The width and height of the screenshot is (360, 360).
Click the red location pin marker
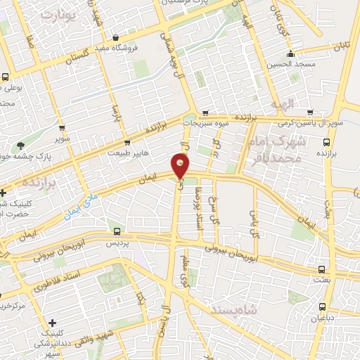tap(180, 166)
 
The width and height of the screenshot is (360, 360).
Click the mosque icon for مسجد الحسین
tap(290, 55)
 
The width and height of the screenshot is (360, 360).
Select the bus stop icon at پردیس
tap(116, 231)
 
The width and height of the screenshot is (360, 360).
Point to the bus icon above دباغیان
tap(323, 307)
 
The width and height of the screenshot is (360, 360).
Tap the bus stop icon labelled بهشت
tap(321, 269)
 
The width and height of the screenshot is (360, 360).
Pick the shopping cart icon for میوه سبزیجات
tap(205, 112)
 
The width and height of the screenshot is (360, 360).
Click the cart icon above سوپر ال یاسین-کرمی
tap(310, 112)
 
